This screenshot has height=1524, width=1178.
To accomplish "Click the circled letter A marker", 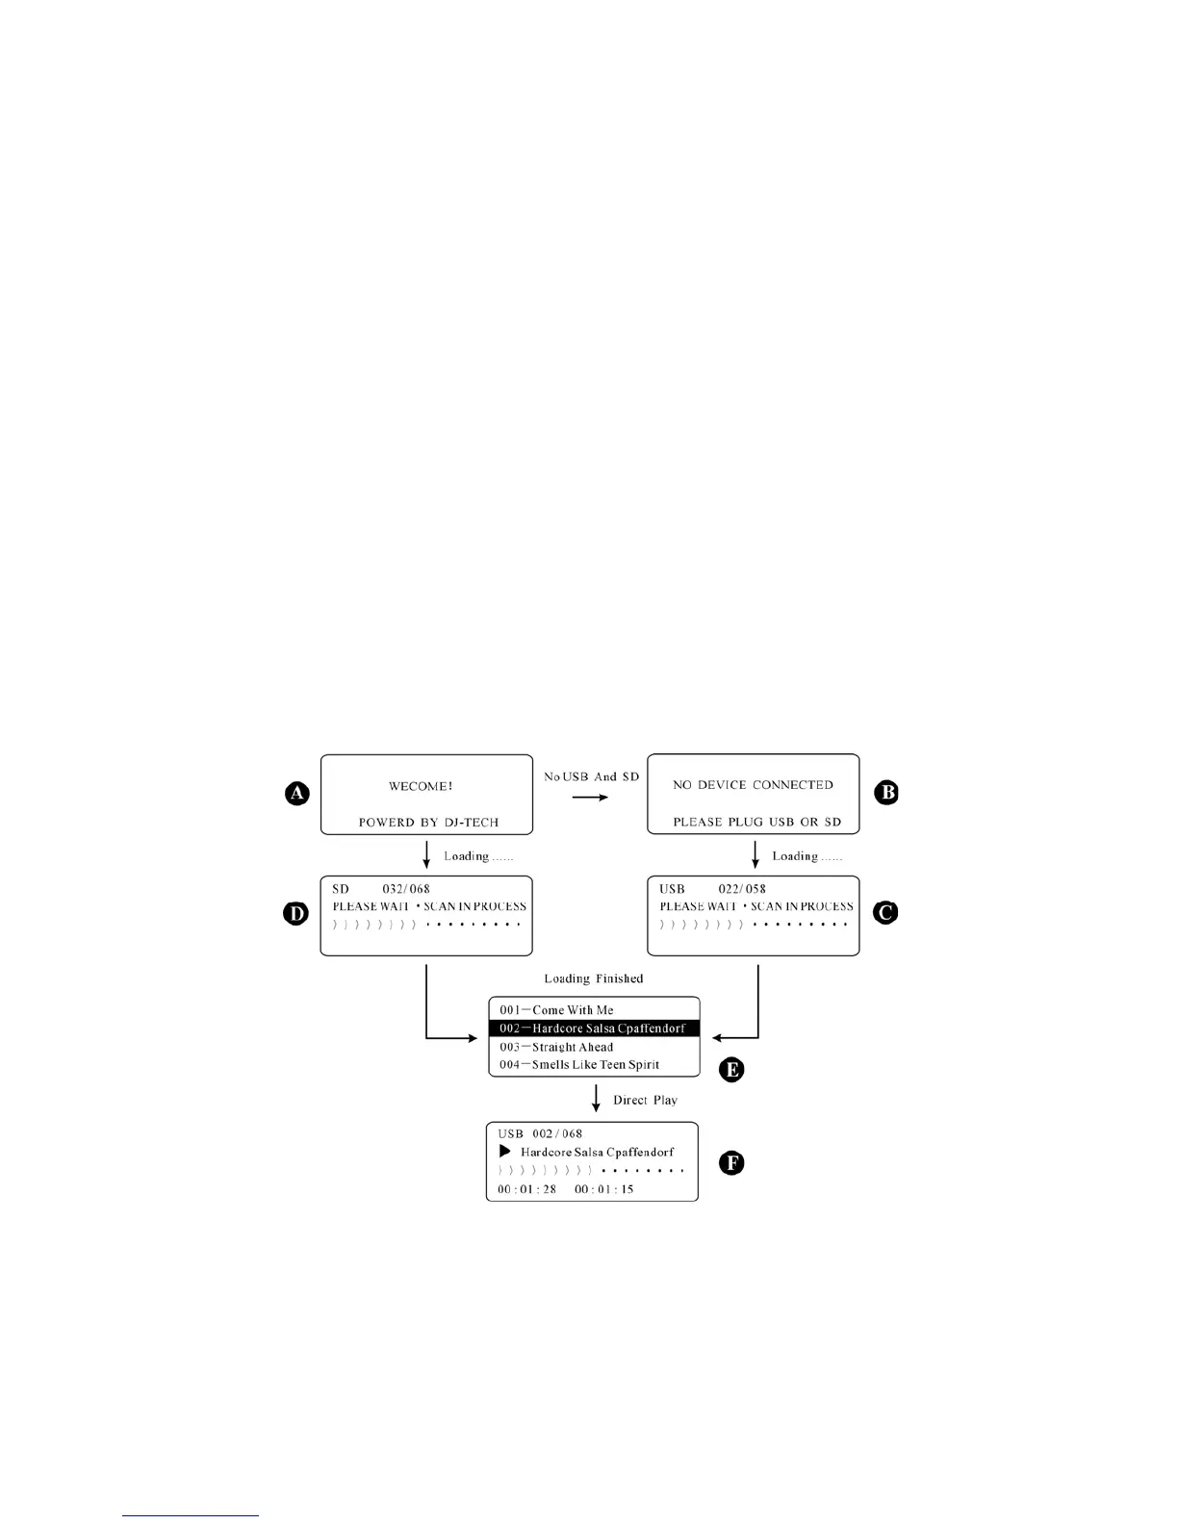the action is [x=297, y=793].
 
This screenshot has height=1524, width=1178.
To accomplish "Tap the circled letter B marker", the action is [x=885, y=793].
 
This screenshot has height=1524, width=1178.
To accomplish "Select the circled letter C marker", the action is [x=885, y=912].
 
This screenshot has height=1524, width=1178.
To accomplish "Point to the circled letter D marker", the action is [x=296, y=912].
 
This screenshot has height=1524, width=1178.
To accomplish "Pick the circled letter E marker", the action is [x=731, y=1070].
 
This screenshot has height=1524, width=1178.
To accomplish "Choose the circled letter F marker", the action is [x=731, y=1163].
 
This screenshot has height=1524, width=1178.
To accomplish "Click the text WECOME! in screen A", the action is [x=421, y=786].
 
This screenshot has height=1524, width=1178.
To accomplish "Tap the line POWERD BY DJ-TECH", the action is [x=428, y=823].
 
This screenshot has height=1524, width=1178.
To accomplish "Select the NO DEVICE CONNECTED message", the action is [x=753, y=785].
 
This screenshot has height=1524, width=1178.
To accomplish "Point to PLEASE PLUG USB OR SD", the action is [x=756, y=822].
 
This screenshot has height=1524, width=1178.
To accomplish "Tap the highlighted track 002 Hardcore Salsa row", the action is [x=594, y=1029].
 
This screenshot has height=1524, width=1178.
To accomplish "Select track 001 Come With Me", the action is [x=556, y=1010].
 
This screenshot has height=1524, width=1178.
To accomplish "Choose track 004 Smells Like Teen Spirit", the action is [x=579, y=1065].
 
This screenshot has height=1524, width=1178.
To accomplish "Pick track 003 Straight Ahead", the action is [x=556, y=1047].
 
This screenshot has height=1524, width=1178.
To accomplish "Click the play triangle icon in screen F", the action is [x=504, y=1152].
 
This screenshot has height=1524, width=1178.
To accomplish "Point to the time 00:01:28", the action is [x=526, y=1189].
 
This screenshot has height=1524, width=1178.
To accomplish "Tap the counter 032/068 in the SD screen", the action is [x=406, y=889].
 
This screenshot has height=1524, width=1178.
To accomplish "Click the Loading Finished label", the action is [x=593, y=978].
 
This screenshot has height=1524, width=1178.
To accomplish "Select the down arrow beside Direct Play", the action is [x=596, y=1099].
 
